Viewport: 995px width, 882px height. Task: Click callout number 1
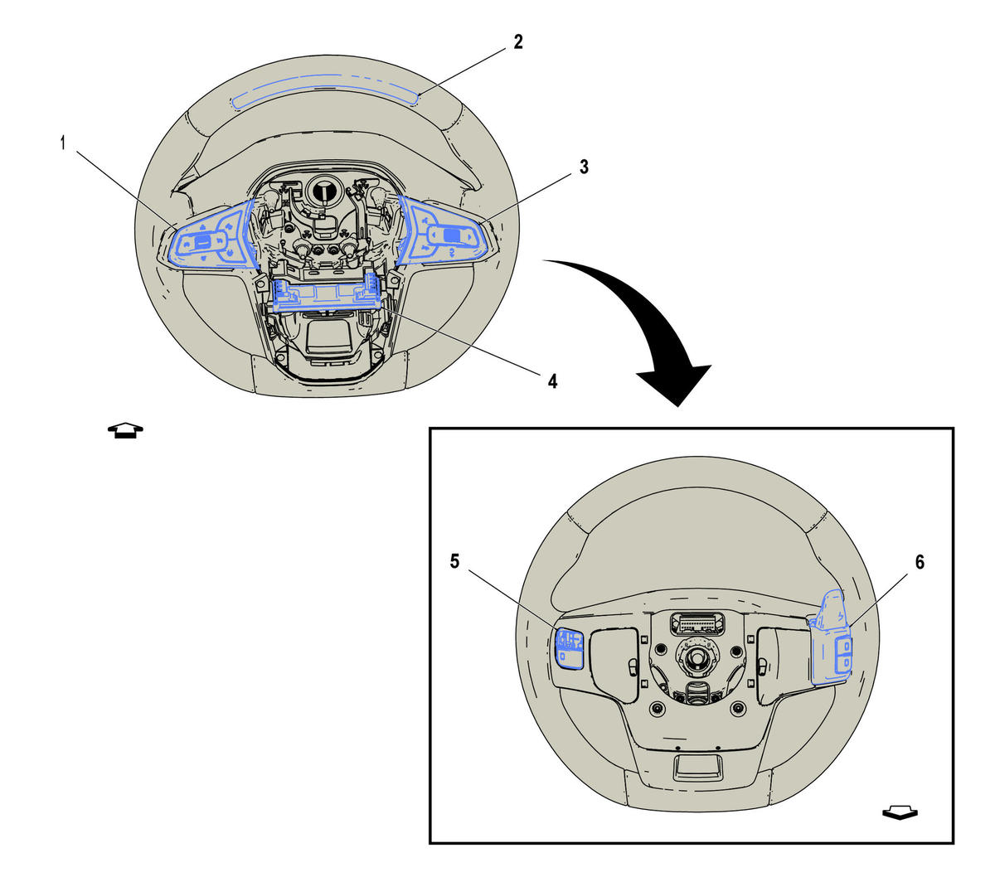click(62, 143)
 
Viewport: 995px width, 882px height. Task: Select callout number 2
click(518, 42)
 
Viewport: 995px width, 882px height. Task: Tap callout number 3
click(584, 167)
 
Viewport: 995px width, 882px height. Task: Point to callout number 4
click(552, 381)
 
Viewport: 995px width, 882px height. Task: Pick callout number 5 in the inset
click(454, 561)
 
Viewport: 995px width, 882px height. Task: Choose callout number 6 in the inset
click(920, 562)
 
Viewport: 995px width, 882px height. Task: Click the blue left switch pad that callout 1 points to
click(211, 235)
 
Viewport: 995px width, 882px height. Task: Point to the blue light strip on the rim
click(325, 91)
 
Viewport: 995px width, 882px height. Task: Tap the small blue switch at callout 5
click(570, 649)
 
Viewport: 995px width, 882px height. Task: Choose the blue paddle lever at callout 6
click(831, 638)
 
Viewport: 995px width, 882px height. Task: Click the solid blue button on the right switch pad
click(452, 235)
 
